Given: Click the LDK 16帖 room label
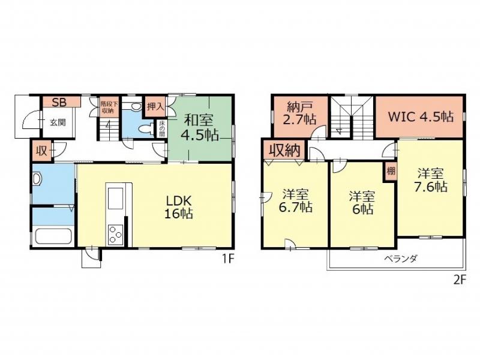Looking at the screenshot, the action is click(179, 207).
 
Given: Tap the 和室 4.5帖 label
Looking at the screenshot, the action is click(200, 127).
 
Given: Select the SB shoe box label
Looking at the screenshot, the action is click(59, 102).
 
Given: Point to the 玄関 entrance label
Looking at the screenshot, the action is click(58, 122).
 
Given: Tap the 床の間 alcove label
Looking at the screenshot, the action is click(162, 128).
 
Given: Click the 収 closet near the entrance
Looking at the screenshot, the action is click(41, 151).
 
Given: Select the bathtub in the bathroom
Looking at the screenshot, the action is click(53, 237).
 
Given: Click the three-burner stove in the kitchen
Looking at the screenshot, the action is click(115, 235).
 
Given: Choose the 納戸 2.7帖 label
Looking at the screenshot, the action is click(299, 113).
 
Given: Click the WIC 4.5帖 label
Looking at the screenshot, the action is click(421, 116).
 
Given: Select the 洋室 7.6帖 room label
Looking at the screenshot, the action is click(431, 180).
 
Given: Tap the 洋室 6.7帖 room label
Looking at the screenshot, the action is click(295, 200).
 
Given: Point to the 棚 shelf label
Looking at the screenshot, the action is click(391, 171).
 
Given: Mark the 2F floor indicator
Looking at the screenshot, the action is click(459, 280).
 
